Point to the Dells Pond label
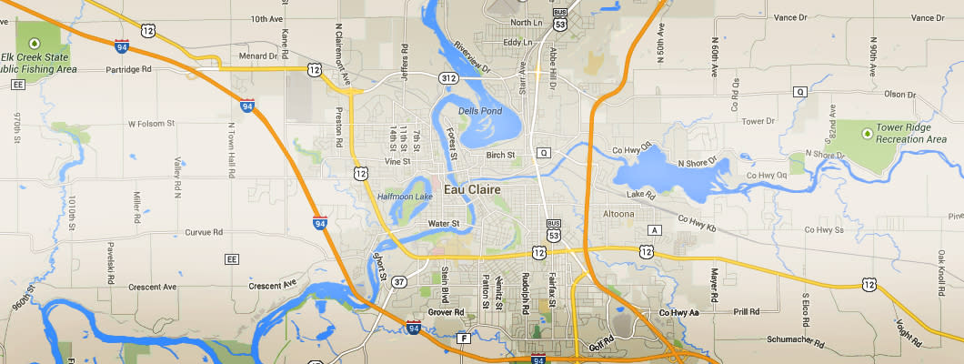pyautogui.click(x=480, y=111)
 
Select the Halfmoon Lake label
pyautogui.click(x=406, y=196)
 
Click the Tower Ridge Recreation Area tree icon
pyautogui.click(x=868, y=133)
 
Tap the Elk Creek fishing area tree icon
pyautogui.click(x=35, y=43)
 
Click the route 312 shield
pyautogui.click(x=448, y=79)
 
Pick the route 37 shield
pyautogui.click(x=399, y=282)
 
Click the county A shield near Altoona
pyautogui.click(x=653, y=228)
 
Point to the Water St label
pyautogui.click(x=444, y=223)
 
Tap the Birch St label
pyautogui.click(x=500, y=155)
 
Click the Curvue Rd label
pyautogui.click(x=204, y=232)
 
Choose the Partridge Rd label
pyautogui.click(x=150, y=68)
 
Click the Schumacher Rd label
pyautogui.click(x=796, y=345)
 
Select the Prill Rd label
pyautogui.click(x=746, y=311)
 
